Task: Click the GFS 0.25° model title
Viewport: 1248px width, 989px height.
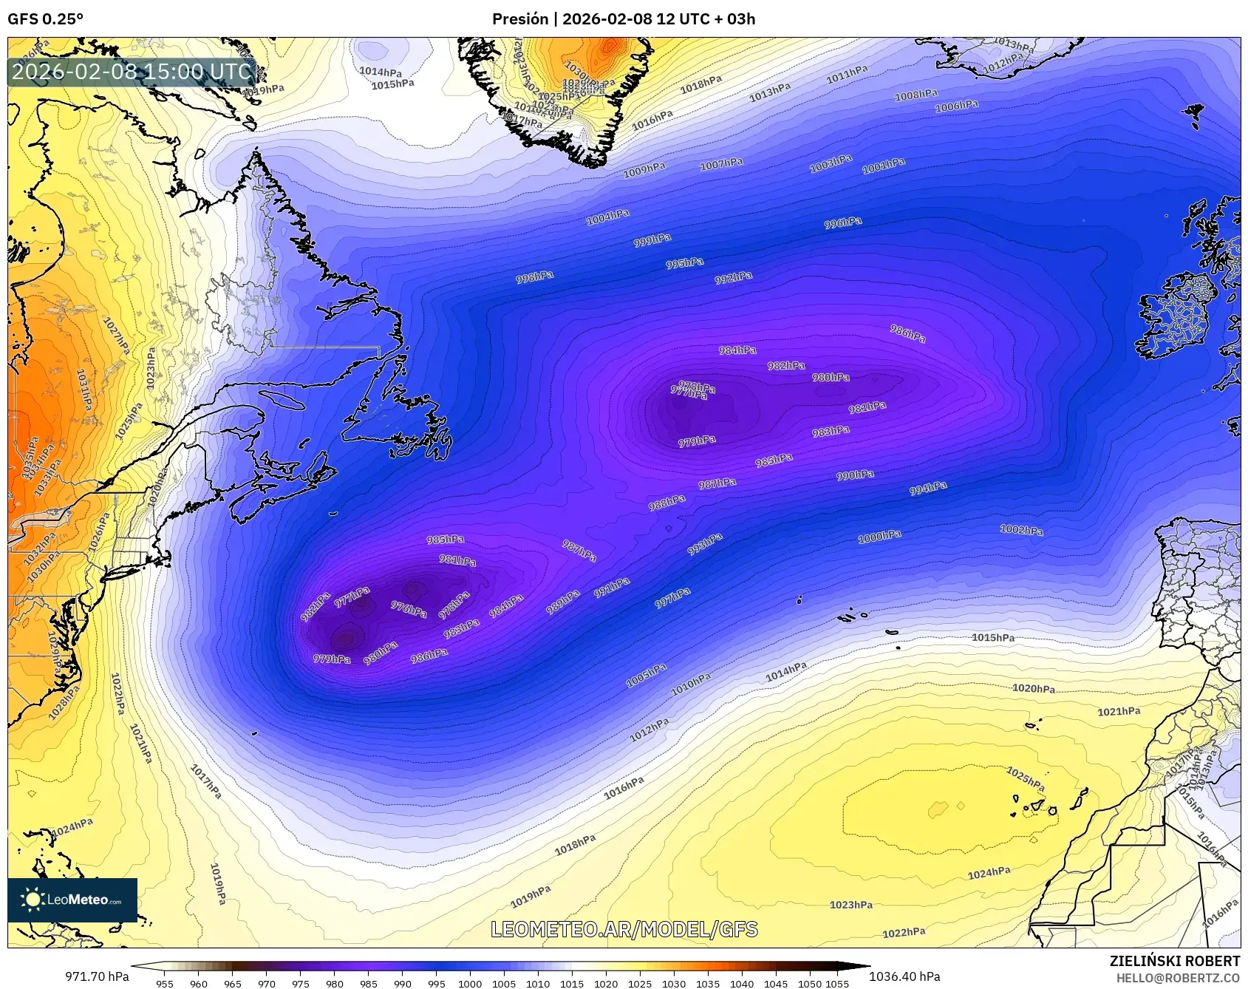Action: [45, 19]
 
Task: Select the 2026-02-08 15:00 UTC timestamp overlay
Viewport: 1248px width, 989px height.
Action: [132, 72]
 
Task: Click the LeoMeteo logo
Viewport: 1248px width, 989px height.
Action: [72, 900]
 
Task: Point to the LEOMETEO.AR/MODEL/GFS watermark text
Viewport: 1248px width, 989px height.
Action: [624, 929]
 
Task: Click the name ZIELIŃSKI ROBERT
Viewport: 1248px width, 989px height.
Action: [1175, 961]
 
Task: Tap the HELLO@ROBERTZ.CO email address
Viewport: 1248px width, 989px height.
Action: [1178, 978]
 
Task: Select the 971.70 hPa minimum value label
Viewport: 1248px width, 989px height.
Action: [97, 976]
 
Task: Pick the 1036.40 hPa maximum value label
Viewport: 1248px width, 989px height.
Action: [904, 976]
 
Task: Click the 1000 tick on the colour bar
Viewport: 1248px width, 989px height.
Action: [470, 984]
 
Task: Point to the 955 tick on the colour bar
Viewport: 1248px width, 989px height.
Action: [164, 984]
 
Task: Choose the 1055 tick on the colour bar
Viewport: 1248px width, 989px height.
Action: [837, 984]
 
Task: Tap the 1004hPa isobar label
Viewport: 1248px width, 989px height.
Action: [607, 217]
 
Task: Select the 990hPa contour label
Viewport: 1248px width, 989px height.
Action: [855, 475]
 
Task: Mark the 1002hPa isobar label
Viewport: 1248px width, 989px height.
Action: [1021, 530]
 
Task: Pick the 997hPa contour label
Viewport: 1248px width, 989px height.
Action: [672, 598]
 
